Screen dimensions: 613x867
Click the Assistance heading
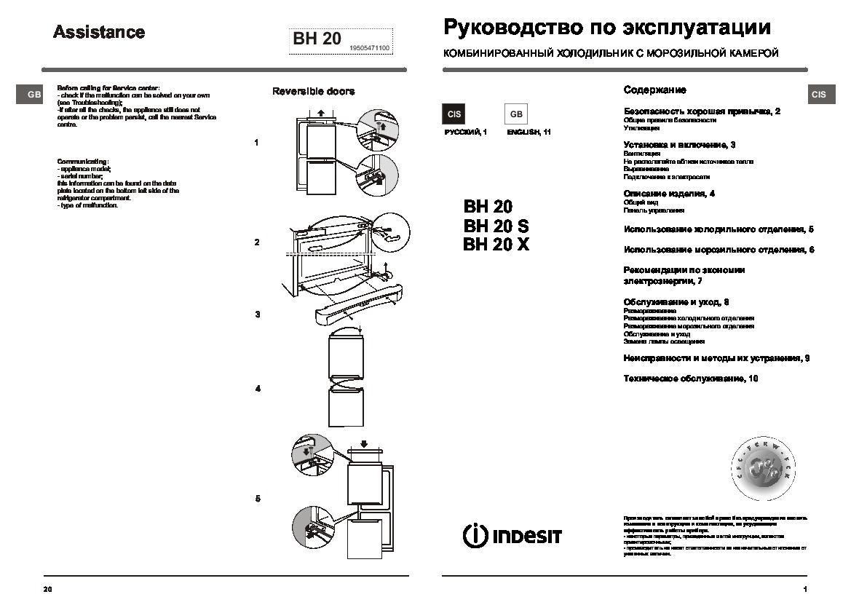(100, 33)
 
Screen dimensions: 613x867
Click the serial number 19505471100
(370, 48)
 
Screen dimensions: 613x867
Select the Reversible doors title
(313, 92)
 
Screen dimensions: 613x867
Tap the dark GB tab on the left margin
(33, 95)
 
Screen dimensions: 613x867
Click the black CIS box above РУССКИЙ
(454, 114)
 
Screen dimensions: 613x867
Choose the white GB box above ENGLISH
(515, 114)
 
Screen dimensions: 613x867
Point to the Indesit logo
(512, 535)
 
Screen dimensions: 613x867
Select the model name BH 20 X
(496, 245)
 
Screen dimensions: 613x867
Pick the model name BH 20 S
(496, 226)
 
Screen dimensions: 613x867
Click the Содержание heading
(654, 90)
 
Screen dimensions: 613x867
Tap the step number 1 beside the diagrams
(256, 143)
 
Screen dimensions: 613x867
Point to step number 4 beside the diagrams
(258, 389)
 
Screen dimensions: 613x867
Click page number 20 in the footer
(47, 588)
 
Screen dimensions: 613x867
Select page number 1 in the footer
(805, 588)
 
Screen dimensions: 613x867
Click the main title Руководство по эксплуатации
(606, 28)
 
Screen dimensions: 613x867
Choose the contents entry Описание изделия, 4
(669, 194)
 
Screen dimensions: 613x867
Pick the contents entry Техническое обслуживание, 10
(691, 379)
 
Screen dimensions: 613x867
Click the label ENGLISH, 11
(528, 132)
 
